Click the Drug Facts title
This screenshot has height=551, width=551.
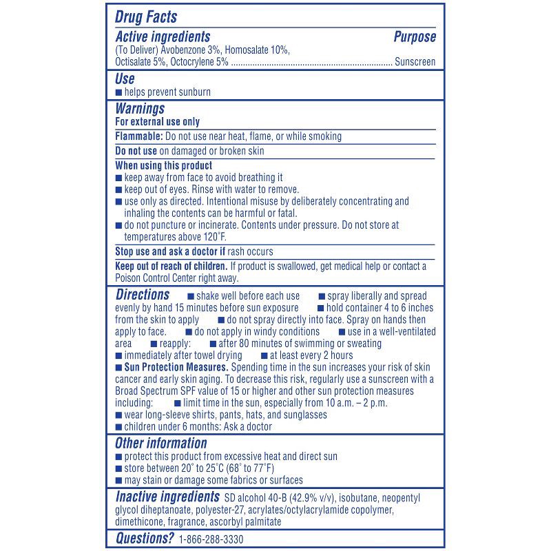pos(146,17)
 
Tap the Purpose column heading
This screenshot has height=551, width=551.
pos(415,37)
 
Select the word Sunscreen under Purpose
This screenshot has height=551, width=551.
pos(415,62)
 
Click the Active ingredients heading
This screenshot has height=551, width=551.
pos(163,37)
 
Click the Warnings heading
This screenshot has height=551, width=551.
pos(140,109)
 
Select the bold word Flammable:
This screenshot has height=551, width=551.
pos(139,136)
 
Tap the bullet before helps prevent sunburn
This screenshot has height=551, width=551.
pos(118,92)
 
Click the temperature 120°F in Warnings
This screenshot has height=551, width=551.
pos(200,236)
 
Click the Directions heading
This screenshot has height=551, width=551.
pos(142,295)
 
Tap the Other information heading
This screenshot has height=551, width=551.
pos(161,444)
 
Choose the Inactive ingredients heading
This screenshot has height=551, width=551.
pos(166,497)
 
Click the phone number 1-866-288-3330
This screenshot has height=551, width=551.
pos(211,539)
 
